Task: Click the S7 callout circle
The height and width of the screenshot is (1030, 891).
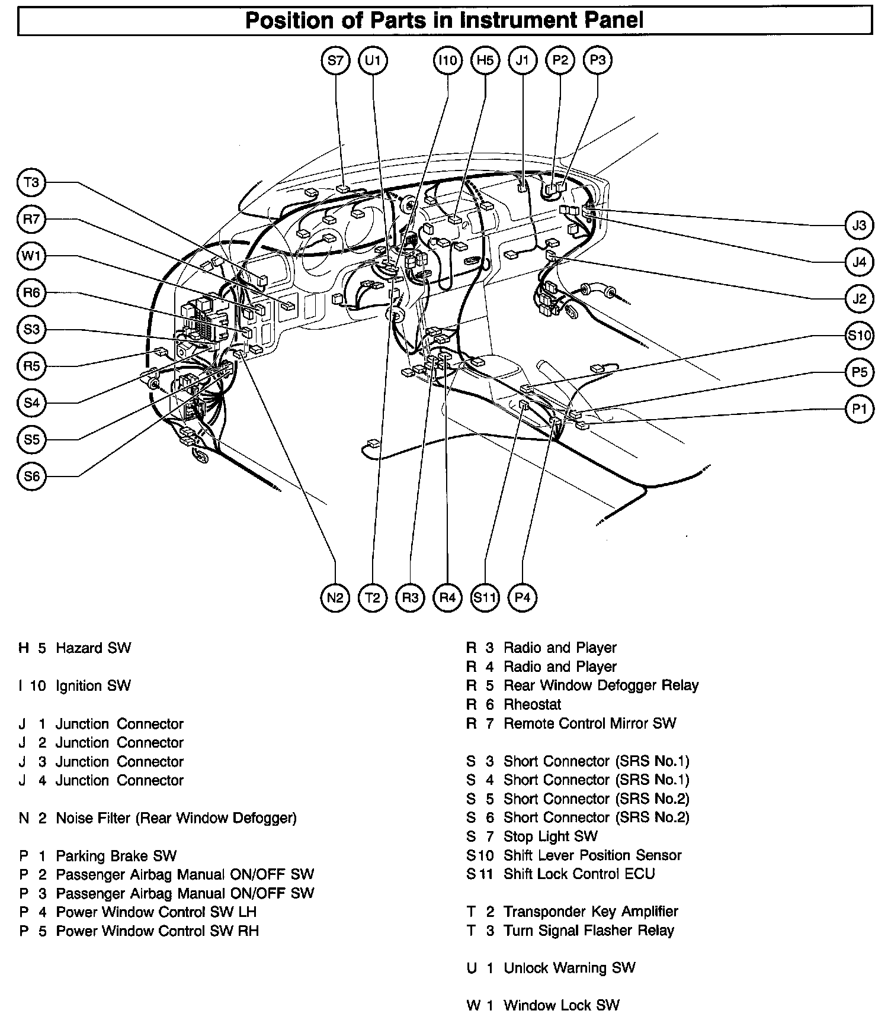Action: [335, 60]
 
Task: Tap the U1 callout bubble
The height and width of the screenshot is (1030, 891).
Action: [373, 60]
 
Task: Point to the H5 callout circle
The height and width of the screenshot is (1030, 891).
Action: [485, 60]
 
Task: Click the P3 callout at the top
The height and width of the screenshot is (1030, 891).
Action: [597, 60]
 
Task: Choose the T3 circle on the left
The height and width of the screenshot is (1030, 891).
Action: [31, 182]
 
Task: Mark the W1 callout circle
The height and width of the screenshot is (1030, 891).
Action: [31, 256]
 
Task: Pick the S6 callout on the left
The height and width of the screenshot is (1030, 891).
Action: [31, 477]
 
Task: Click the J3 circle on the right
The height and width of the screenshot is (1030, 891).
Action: [859, 225]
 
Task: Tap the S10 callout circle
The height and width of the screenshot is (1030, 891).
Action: [859, 336]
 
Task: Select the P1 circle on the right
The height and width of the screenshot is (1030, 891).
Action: [859, 408]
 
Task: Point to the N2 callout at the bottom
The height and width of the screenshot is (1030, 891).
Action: [335, 597]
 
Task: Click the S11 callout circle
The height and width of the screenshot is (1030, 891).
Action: [485, 597]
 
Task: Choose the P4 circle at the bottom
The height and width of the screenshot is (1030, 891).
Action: [522, 597]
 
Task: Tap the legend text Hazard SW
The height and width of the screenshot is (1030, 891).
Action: [93, 648]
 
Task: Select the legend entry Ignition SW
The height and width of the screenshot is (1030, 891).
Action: [93, 686]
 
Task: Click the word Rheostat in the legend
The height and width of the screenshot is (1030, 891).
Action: [532, 704]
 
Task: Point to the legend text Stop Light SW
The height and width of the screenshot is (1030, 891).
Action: [550, 836]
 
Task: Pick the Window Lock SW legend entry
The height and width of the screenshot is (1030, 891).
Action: [561, 1005]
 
